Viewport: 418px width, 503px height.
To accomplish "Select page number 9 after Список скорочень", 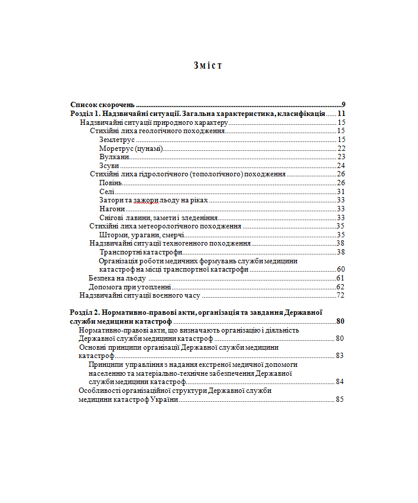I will point(343,104).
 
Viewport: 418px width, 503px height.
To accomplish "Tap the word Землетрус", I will point(117,140).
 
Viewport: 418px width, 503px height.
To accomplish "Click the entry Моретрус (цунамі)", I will point(131,148).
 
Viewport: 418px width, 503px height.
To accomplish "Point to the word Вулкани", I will point(114,157).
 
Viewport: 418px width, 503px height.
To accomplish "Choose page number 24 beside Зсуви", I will point(341,166).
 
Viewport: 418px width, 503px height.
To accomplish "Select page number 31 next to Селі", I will point(341,192).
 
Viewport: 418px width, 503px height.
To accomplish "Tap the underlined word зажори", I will point(145,201).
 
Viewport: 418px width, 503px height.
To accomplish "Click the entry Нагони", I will point(112,209).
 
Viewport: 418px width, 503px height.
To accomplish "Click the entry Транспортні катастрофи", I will point(141,252).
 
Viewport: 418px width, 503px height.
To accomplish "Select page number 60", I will point(341,269).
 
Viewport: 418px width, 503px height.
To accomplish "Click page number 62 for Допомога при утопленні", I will point(341,286).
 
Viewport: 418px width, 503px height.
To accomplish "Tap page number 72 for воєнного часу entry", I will point(341,295).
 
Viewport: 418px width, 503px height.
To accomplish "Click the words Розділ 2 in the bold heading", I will point(85,312).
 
